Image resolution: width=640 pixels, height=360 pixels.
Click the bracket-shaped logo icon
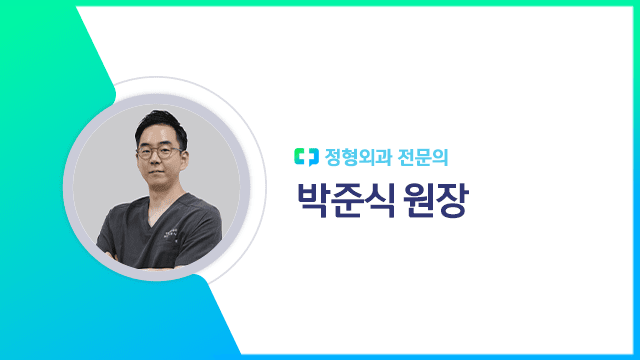coord(305,157)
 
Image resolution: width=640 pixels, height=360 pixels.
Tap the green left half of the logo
coord(300,157)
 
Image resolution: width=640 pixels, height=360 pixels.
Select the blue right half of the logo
coord(310,157)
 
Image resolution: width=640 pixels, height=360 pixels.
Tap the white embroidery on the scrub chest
coord(179,231)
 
